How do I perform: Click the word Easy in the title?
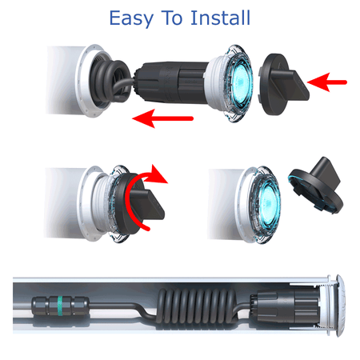131,18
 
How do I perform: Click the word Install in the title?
220,18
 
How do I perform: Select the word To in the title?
172,18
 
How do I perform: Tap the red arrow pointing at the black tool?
327,82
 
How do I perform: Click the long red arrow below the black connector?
162,118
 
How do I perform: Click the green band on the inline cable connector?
60,306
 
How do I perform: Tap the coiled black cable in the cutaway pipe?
198,306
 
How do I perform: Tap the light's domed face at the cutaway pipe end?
340,306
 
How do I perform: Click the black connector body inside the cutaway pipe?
285,306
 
